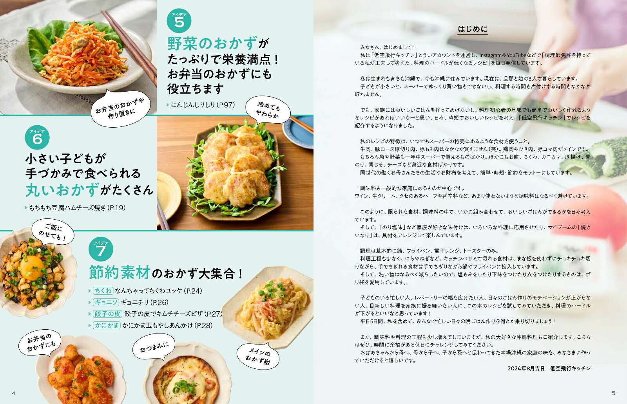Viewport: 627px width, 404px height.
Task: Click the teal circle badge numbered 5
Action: click(x=179, y=20)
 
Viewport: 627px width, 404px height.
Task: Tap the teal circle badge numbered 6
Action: click(x=37, y=137)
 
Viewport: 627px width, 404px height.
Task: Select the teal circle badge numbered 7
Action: click(x=101, y=249)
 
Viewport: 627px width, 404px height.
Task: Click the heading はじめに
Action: click(x=473, y=29)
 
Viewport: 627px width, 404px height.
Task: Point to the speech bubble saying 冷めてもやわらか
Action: click(x=268, y=110)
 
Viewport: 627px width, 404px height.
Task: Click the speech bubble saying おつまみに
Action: click(x=154, y=347)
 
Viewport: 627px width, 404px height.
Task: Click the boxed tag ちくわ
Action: click(x=103, y=291)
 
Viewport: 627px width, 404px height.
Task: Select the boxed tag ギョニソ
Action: click(x=106, y=302)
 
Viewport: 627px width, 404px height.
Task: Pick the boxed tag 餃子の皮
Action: click(x=107, y=314)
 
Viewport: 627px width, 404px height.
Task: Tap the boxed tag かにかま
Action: click(x=107, y=325)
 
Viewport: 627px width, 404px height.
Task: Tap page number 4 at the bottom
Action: click(x=13, y=393)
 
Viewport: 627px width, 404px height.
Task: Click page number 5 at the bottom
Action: click(x=613, y=393)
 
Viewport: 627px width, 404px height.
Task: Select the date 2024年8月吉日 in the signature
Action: click(x=526, y=368)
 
